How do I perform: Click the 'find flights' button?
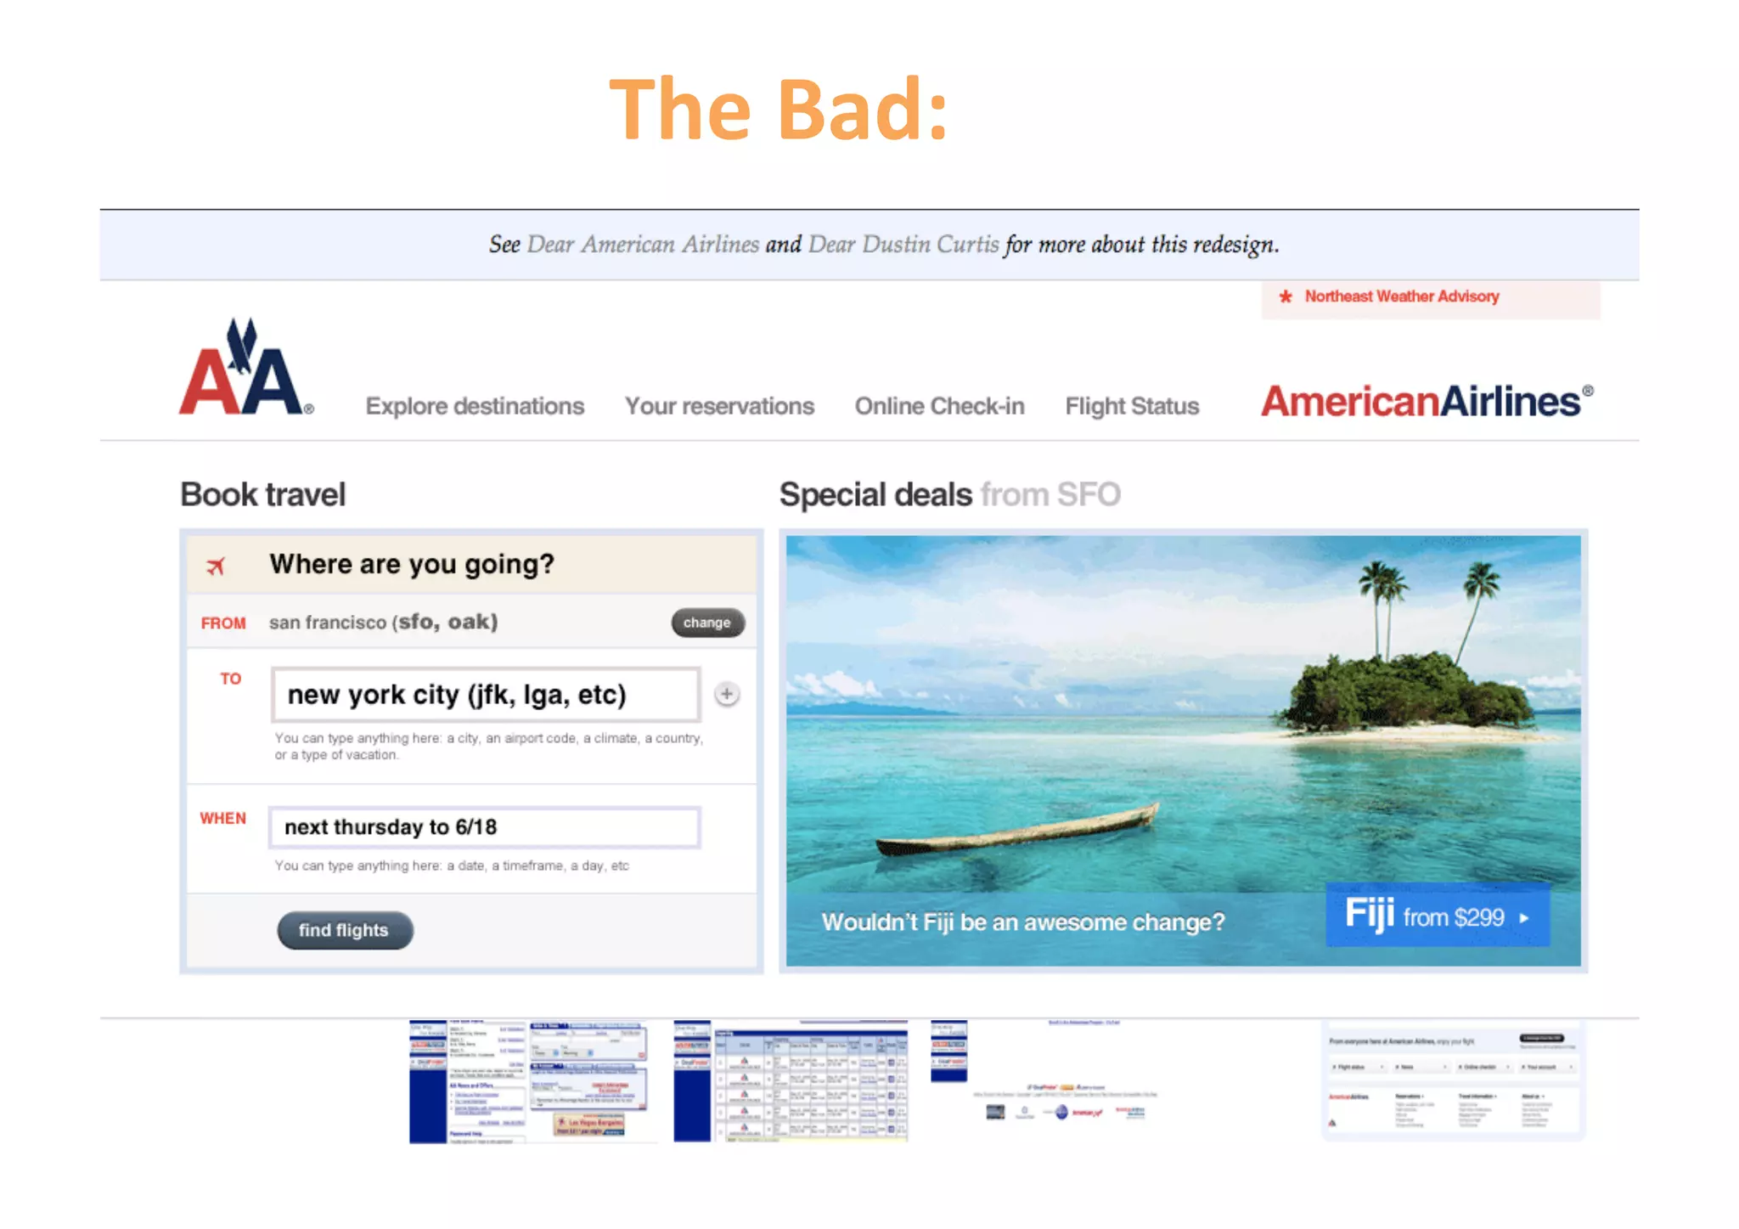click(345, 930)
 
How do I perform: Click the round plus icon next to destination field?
click(727, 694)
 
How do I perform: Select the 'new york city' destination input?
click(485, 694)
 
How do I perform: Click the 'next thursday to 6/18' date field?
click(484, 827)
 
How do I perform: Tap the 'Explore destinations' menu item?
click(475, 406)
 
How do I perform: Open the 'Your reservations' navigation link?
click(719, 406)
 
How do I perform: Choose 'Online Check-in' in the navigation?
click(939, 406)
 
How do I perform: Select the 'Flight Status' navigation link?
click(1132, 406)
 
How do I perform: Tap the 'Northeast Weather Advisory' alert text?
click(1401, 296)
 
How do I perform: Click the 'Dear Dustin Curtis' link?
click(903, 245)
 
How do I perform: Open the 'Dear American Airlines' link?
click(643, 245)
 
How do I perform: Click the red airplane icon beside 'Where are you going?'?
click(217, 566)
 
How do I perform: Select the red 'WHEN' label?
click(222, 818)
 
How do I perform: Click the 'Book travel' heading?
click(263, 494)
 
